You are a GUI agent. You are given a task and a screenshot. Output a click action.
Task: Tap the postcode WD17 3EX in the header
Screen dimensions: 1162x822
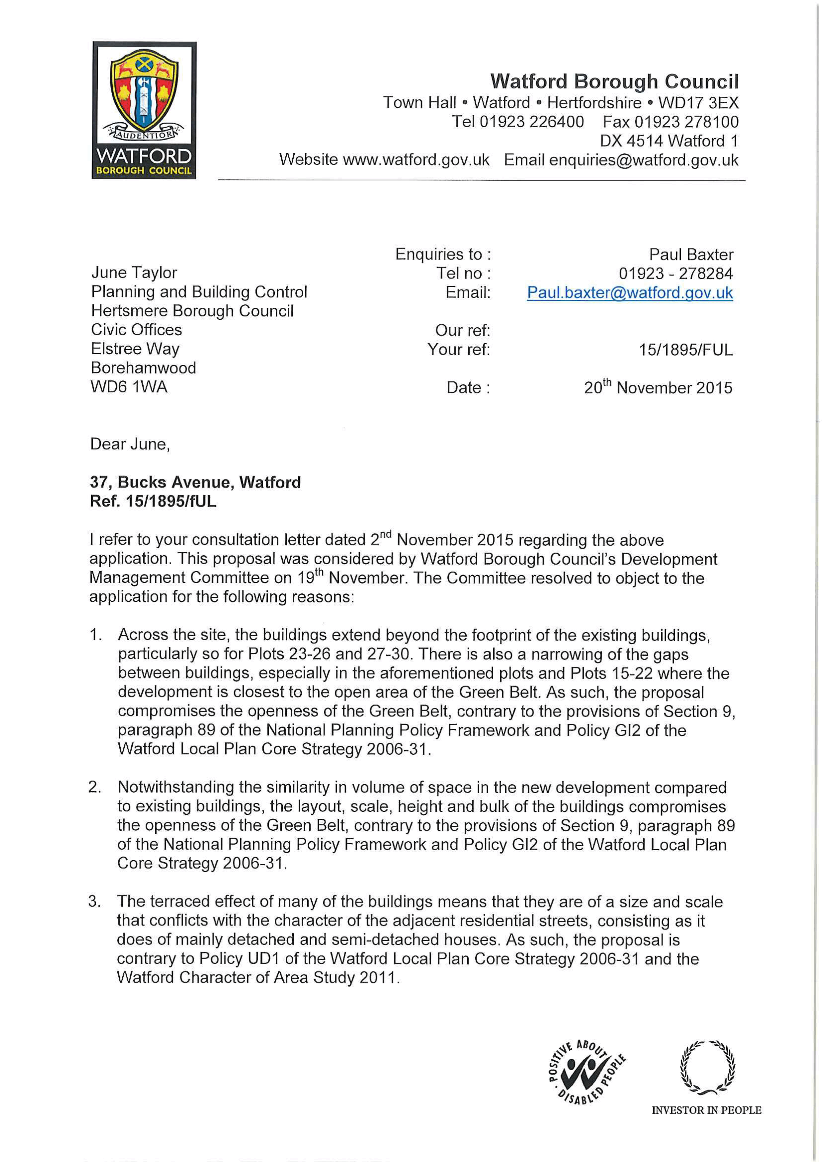698,103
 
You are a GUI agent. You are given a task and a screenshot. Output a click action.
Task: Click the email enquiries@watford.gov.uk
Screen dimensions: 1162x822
643,160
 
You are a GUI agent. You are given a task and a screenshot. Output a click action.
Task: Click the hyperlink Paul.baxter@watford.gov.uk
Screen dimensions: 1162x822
630,293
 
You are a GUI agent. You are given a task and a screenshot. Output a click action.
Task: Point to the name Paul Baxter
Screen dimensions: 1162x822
691,254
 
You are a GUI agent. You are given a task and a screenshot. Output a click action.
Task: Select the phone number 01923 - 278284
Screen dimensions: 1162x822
675,274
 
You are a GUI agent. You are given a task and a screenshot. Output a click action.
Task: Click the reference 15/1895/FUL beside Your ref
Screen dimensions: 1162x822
685,350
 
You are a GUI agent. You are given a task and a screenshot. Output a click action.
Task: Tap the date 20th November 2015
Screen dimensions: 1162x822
658,388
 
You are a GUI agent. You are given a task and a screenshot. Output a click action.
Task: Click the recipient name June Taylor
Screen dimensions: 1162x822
134,273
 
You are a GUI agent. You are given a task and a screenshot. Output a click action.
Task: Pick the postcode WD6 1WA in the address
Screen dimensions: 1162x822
129,387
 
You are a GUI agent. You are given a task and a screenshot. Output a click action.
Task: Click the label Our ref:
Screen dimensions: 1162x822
462,330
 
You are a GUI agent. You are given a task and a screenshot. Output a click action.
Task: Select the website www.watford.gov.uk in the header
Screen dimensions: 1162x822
416,160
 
